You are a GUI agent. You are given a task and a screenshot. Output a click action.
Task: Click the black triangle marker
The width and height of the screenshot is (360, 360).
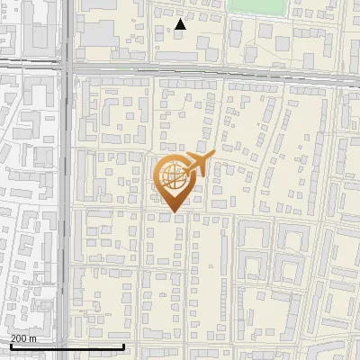pos(181,25)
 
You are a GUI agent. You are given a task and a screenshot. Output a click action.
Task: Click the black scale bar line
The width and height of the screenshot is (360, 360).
pos(67,346)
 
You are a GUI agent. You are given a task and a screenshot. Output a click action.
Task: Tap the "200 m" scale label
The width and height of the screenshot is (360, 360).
pos(22,338)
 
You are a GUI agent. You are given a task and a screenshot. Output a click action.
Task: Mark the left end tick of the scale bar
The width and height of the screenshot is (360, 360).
pos(10,345)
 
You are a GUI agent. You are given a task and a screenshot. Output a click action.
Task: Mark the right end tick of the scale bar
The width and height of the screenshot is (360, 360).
pos(123,345)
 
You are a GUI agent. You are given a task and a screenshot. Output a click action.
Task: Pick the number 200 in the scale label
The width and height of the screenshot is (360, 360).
pos(19,338)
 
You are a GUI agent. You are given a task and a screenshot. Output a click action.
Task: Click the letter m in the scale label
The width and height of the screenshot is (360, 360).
pos(32,338)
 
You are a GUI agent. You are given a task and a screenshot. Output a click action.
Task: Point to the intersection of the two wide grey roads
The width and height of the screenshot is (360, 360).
pos(67,67)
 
